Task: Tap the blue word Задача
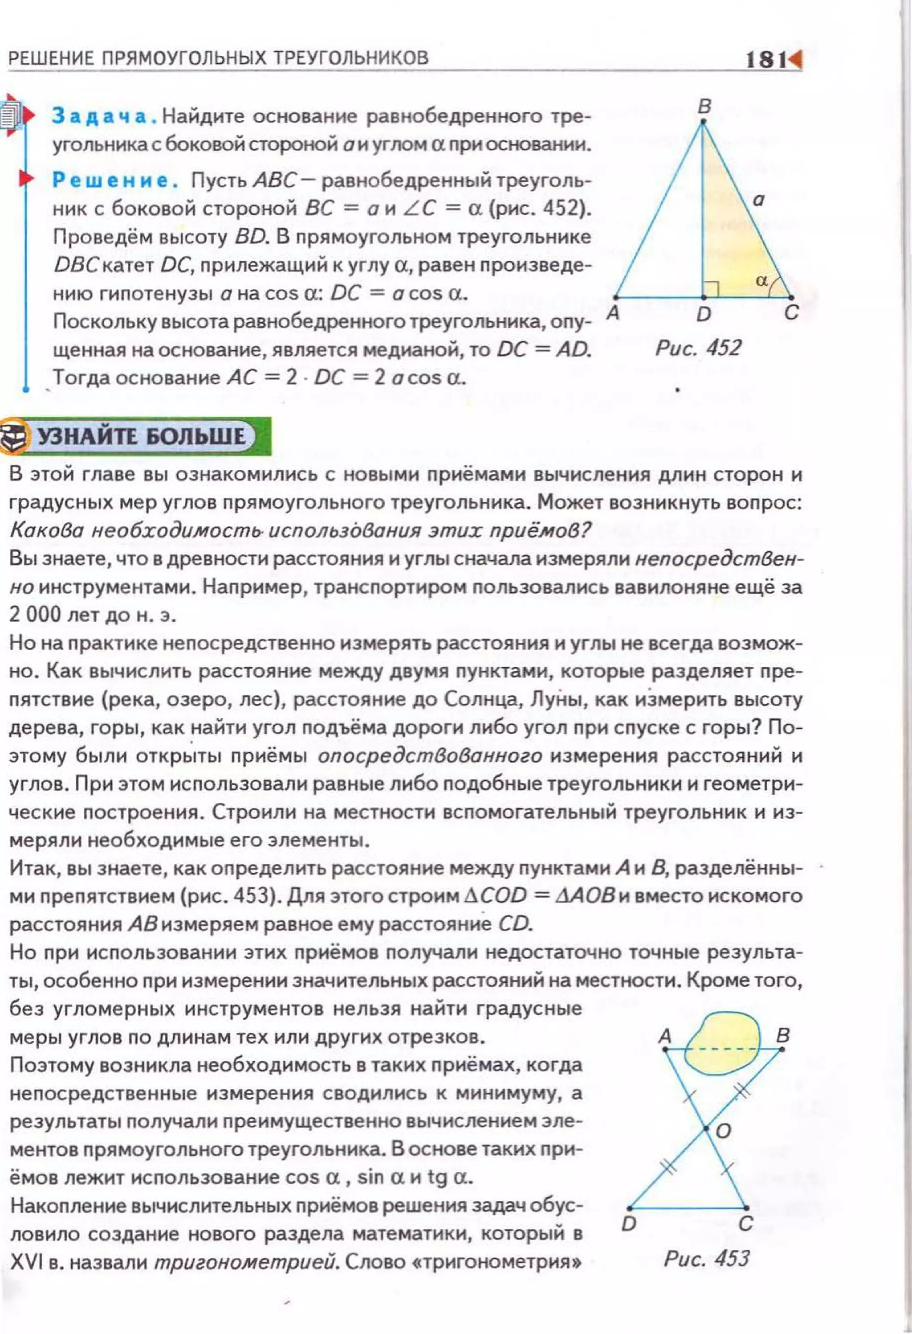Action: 104,116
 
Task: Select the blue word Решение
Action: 114,181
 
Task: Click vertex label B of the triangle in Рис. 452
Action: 704,107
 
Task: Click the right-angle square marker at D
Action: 711,290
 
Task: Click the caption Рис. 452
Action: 698,348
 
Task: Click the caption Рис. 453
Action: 706,1259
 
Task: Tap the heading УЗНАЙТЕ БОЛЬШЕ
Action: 141,436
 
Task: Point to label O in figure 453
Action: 724,1131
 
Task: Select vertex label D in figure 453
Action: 629,1224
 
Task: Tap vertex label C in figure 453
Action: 745,1224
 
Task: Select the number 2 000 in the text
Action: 34,615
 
